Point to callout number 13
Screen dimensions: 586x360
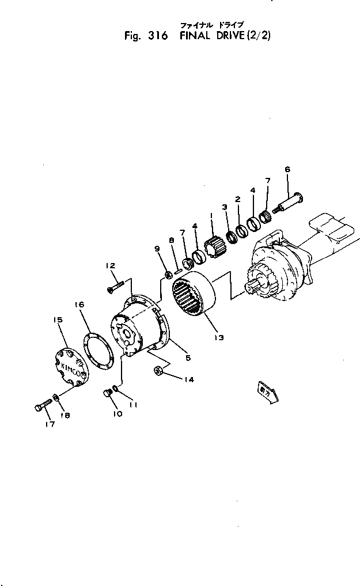pyautogui.click(x=219, y=337)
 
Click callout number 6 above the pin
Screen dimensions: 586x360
pyautogui.click(x=287, y=169)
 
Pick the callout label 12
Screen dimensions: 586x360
pyautogui.click(x=111, y=265)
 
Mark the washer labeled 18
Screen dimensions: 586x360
pyautogui.click(x=55, y=397)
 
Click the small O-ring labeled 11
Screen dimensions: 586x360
pyautogui.click(x=116, y=389)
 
